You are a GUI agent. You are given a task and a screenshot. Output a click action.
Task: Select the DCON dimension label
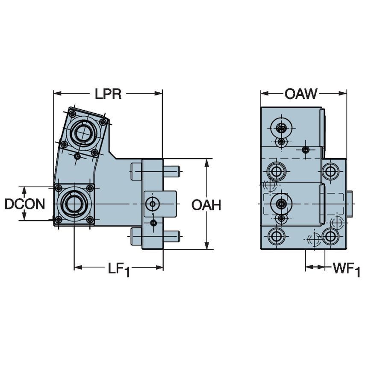tap(25, 204)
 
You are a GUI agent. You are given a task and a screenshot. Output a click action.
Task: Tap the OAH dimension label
tap(206, 205)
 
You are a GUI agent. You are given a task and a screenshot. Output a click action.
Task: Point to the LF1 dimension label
tap(118, 269)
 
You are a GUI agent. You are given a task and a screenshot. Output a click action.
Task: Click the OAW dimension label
tap(301, 94)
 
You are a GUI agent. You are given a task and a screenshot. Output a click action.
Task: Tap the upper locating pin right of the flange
tap(171, 171)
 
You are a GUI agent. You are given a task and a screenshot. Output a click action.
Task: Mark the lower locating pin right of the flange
tap(171, 235)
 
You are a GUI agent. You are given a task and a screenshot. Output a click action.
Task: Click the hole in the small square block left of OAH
tap(153, 204)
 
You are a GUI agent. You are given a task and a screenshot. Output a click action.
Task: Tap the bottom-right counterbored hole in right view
tap(330, 235)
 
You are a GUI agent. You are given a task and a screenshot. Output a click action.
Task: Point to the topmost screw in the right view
tap(281, 127)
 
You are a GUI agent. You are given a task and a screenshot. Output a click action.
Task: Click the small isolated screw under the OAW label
tap(305, 150)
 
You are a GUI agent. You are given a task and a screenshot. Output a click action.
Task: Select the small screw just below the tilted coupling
tap(77, 156)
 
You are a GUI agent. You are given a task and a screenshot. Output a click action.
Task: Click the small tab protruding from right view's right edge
tap(349, 204)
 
